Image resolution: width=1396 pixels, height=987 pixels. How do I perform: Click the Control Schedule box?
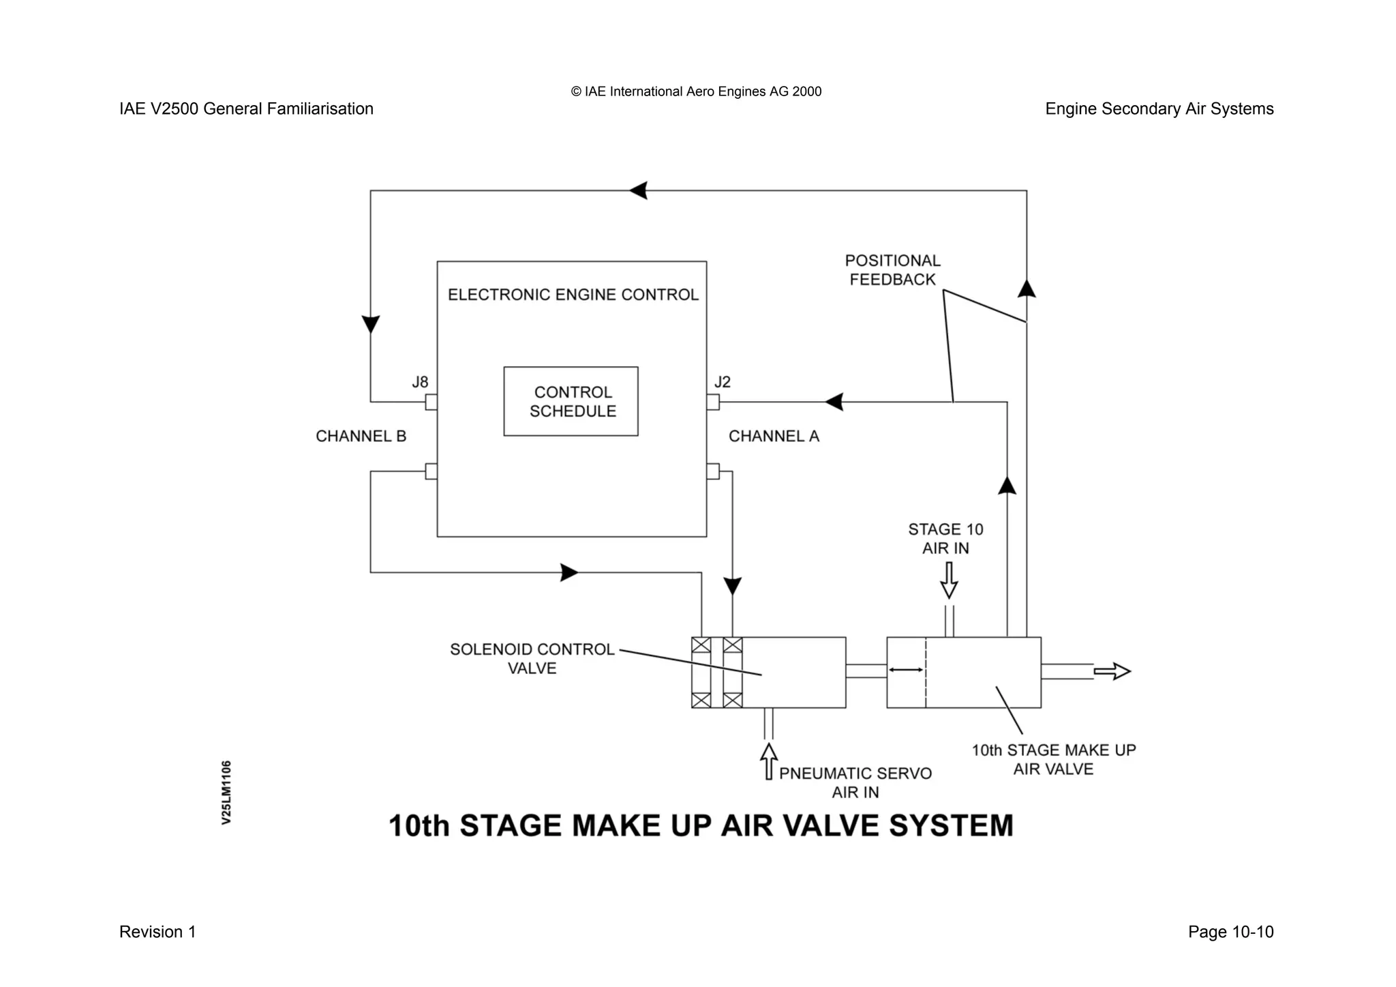(571, 401)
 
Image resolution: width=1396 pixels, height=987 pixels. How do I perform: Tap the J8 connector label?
(420, 382)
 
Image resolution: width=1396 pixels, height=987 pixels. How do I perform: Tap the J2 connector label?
(723, 382)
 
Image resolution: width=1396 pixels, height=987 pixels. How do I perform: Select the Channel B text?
(361, 437)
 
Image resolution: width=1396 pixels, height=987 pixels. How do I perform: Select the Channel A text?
(774, 437)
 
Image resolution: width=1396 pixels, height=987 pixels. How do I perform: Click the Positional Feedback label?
(892, 270)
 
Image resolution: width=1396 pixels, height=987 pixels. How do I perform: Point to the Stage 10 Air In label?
(945, 539)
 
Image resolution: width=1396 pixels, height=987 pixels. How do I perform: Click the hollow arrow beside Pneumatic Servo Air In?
(769, 761)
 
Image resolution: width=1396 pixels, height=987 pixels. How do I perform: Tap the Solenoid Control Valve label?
(532, 659)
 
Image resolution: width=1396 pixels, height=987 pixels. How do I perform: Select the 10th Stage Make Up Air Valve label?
(1053, 760)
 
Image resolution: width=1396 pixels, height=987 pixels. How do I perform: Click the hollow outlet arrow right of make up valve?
(1112, 672)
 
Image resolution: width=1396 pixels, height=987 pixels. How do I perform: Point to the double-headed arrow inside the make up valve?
(906, 671)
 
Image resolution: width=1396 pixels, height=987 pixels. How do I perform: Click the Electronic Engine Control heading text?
(573, 295)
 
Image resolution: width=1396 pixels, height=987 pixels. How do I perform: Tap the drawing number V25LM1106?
(227, 793)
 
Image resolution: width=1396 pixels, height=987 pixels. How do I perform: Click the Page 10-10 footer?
(1230, 932)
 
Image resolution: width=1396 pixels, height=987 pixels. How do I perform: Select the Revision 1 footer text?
(157, 932)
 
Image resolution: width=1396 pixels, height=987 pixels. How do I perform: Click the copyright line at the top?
(696, 92)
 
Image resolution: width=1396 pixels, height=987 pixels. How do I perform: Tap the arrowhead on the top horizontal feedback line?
(638, 190)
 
